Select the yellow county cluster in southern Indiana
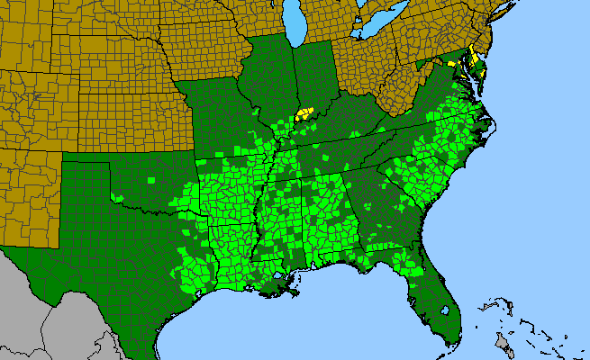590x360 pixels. (x=305, y=113)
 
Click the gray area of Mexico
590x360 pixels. (x=54, y=306)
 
